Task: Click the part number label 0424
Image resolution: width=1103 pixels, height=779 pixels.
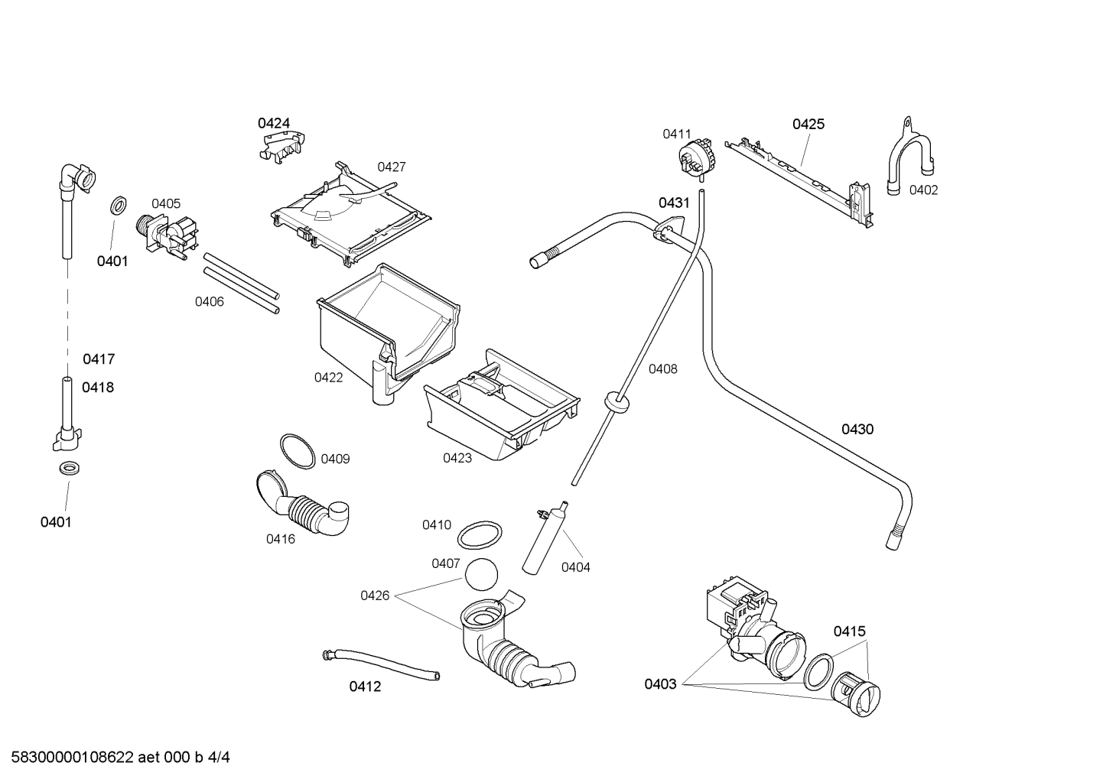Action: click(273, 123)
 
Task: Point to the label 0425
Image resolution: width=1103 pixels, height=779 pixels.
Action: click(808, 124)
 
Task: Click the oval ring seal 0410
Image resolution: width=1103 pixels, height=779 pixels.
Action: click(480, 535)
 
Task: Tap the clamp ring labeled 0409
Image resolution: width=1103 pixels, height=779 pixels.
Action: click(297, 451)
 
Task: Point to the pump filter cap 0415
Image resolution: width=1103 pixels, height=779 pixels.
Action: click(856, 696)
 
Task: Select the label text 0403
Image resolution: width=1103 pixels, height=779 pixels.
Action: click(660, 684)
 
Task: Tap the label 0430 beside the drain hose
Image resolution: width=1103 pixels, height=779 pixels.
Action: click(857, 430)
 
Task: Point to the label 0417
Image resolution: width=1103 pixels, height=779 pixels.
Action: click(99, 359)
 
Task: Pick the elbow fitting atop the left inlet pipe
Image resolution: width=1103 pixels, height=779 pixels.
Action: click(79, 179)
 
